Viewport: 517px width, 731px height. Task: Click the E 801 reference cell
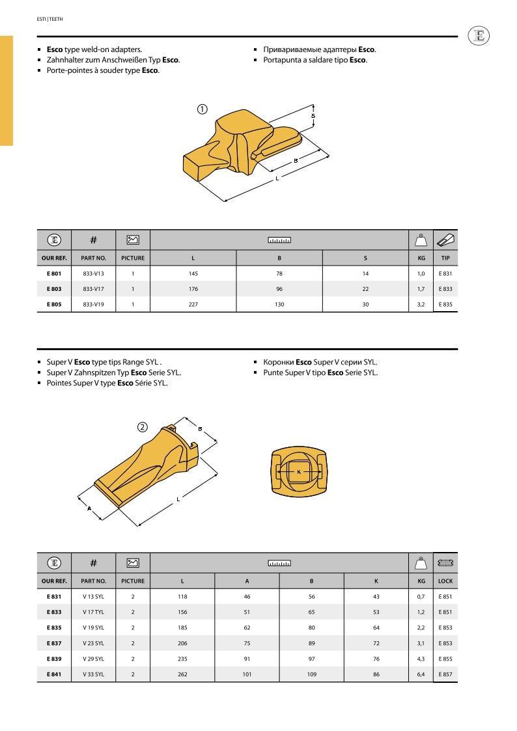tap(54, 273)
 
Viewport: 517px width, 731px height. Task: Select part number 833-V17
tap(93, 288)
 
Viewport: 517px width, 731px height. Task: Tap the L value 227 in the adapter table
tap(193, 304)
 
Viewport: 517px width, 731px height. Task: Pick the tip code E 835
tap(445, 304)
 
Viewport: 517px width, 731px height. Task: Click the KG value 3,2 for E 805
tap(421, 304)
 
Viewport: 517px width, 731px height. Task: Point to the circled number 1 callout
tap(203, 109)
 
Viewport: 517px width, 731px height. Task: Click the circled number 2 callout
tap(142, 427)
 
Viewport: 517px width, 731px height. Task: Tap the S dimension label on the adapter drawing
tap(313, 116)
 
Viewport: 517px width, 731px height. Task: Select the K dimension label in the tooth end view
tap(299, 471)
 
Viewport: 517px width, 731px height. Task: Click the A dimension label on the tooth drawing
tap(89, 508)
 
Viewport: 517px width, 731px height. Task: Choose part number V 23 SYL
tap(93, 643)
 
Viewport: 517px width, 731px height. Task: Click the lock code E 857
tap(445, 674)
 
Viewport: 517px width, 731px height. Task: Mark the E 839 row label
tap(54, 659)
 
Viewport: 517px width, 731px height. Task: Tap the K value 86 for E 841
tap(376, 674)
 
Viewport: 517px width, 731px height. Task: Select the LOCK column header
tap(445, 581)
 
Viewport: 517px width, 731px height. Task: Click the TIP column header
tap(445, 258)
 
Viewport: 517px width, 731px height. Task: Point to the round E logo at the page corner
tap(479, 36)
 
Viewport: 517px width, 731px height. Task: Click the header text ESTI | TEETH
tap(49, 19)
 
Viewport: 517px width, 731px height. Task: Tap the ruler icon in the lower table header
tap(279, 563)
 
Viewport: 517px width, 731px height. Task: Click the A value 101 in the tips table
tap(247, 674)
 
